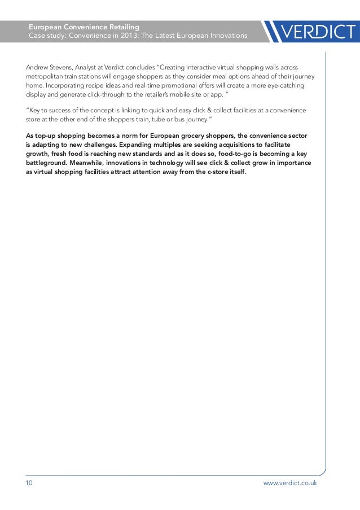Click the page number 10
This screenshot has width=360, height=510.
coord(29,484)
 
